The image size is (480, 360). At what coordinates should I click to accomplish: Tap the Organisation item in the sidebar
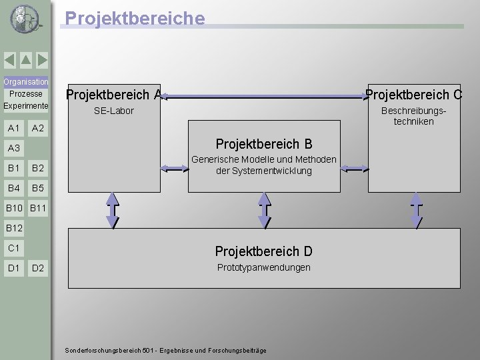coord(26,82)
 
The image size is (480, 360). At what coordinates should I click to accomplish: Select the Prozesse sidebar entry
coord(26,94)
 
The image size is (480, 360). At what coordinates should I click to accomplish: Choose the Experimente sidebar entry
coord(26,106)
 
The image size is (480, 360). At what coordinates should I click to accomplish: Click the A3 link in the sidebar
coord(13,148)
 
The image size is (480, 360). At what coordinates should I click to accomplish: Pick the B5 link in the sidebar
coord(37,188)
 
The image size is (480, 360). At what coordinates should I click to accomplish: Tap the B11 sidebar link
coord(38,209)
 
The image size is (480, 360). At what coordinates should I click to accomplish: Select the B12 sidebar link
coord(14,229)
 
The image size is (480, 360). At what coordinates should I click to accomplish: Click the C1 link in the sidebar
coord(13,248)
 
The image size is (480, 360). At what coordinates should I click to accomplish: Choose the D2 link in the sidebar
coord(37,268)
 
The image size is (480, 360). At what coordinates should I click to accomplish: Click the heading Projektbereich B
coord(263,144)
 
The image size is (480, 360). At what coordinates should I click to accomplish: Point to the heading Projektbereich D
coord(263,251)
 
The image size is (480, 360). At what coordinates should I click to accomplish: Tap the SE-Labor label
coord(114,111)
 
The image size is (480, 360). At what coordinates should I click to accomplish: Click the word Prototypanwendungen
coord(263,267)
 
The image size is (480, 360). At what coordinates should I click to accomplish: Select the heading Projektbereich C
coord(414,95)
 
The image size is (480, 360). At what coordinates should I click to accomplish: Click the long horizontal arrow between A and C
coord(263,97)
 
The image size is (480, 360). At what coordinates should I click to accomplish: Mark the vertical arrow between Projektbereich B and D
coord(265,209)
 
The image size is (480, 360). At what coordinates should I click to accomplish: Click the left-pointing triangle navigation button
coord(10,61)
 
